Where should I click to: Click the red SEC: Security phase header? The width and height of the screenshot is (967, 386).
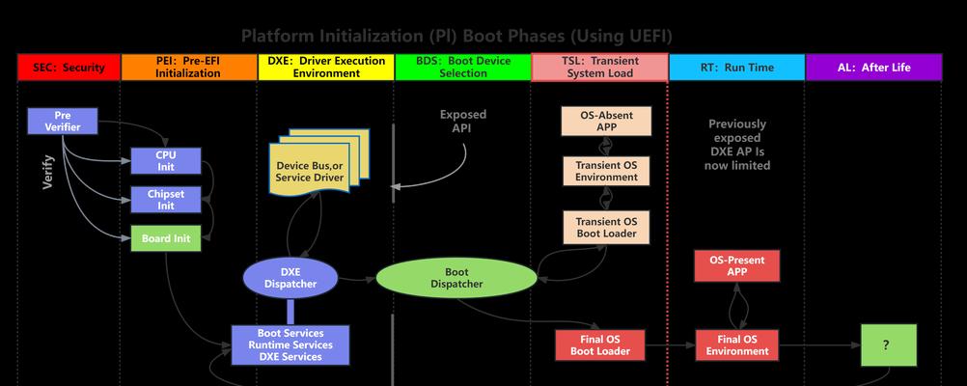69,68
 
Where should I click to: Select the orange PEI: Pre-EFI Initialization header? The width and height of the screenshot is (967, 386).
189,68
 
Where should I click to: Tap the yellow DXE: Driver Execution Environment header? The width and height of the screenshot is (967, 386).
325,68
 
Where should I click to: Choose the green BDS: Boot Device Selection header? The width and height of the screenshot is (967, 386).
462,68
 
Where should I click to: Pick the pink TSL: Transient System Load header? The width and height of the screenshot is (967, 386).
599,68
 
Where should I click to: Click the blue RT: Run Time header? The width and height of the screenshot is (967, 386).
737,68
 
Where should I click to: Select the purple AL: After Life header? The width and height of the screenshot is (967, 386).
874,68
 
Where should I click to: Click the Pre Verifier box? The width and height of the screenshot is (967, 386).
63,121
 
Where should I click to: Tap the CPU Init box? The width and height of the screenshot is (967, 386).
166,161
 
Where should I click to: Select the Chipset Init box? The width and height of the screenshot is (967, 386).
166,199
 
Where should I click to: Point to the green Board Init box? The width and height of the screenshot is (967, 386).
166,238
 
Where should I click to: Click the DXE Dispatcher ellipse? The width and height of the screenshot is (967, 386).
290,278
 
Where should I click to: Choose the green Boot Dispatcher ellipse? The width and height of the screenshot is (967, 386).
456,278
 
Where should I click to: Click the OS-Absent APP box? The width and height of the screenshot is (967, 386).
606,121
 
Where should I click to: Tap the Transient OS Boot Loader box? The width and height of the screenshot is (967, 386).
606,228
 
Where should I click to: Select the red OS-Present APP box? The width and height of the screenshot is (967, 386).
737,265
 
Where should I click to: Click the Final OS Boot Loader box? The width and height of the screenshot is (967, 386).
600,345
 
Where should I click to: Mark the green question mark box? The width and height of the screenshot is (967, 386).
889,345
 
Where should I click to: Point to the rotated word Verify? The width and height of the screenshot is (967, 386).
48,173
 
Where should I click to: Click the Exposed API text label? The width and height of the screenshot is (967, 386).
462,121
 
